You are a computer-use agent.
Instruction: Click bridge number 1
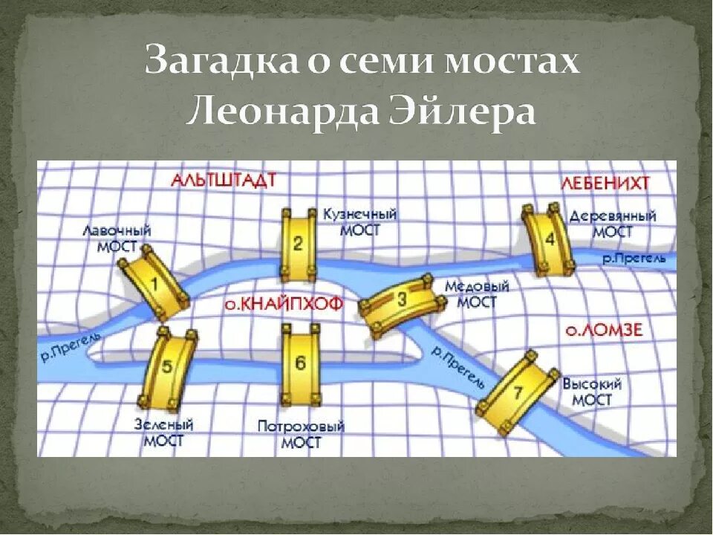pyautogui.click(x=154, y=283)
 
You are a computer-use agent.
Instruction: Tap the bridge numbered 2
pyautogui.click(x=298, y=243)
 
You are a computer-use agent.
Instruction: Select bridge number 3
pyautogui.click(x=402, y=301)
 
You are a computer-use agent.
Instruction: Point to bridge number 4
pyautogui.click(x=549, y=239)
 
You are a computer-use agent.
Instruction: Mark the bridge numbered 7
pyautogui.click(x=518, y=391)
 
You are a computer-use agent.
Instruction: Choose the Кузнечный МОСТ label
pyautogui.click(x=360, y=221)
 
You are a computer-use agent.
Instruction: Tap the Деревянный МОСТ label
pyautogui.click(x=613, y=224)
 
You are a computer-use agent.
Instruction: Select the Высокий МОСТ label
pyautogui.click(x=592, y=392)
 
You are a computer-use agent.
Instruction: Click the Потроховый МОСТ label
pyautogui.click(x=302, y=435)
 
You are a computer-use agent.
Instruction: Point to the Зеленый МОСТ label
pyautogui.click(x=163, y=432)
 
